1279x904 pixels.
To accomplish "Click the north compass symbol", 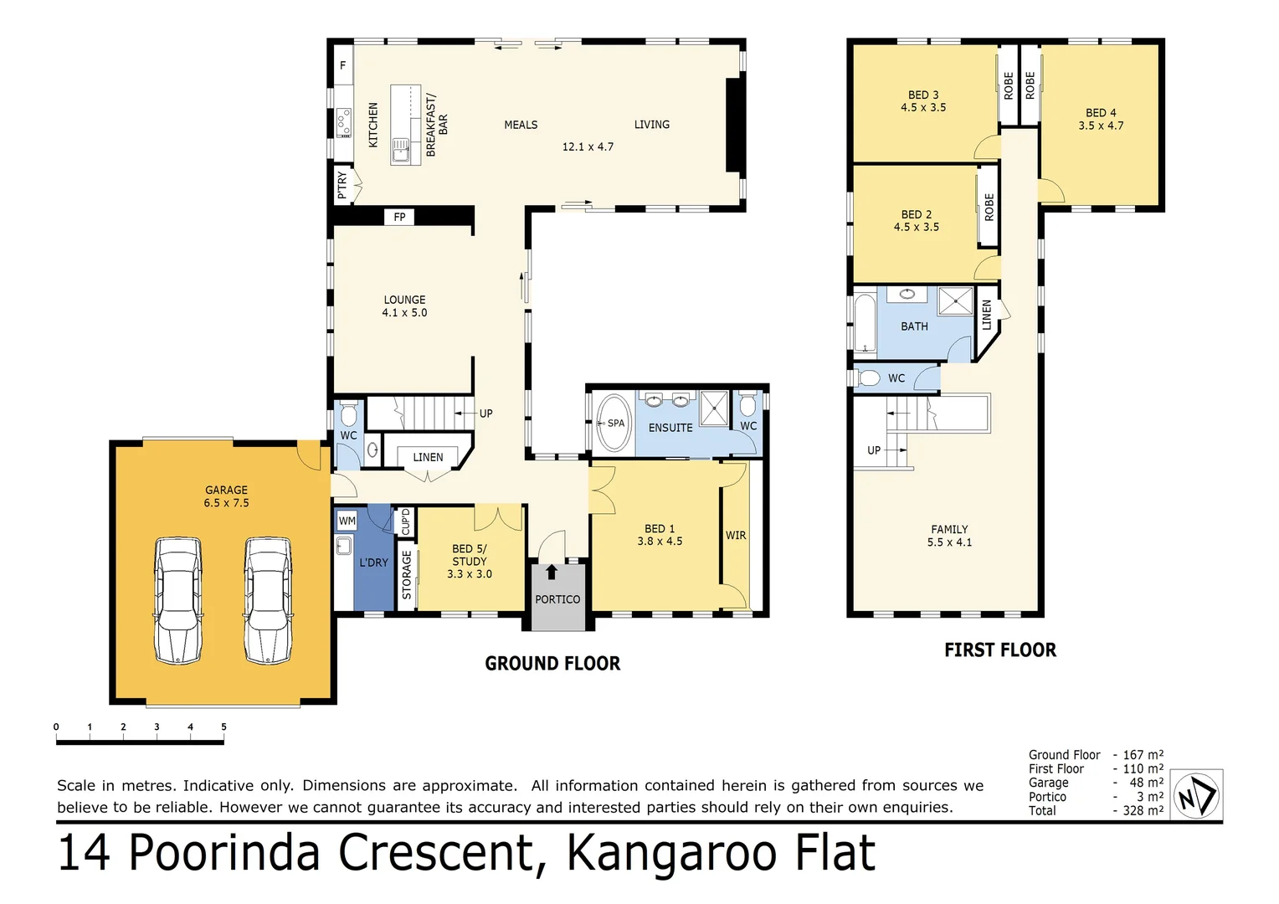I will (x=1196, y=795).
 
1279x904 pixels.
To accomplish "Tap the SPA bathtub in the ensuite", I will (x=614, y=423).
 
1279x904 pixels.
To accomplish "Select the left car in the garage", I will (x=178, y=600).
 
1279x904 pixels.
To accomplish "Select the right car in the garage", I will (x=268, y=600).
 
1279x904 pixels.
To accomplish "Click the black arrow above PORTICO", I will (x=552, y=573).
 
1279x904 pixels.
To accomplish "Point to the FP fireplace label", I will (x=399, y=217).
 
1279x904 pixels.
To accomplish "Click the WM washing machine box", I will (x=347, y=521).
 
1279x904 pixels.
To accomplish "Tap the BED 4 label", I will (x=1101, y=113).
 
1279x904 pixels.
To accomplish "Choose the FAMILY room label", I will (x=949, y=530).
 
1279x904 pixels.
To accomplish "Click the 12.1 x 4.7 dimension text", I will (x=588, y=146).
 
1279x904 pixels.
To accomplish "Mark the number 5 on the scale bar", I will (x=223, y=727).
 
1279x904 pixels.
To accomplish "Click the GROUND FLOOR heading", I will (x=552, y=664).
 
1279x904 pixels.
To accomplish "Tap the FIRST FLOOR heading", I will (x=1000, y=650).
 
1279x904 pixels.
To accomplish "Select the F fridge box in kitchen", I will (x=342, y=65).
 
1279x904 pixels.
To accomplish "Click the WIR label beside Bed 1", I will (x=736, y=536).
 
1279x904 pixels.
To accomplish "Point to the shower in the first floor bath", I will (x=955, y=300).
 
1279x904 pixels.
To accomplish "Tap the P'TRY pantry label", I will (x=342, y=184).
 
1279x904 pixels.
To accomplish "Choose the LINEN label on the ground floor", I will (x=428, y=457).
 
